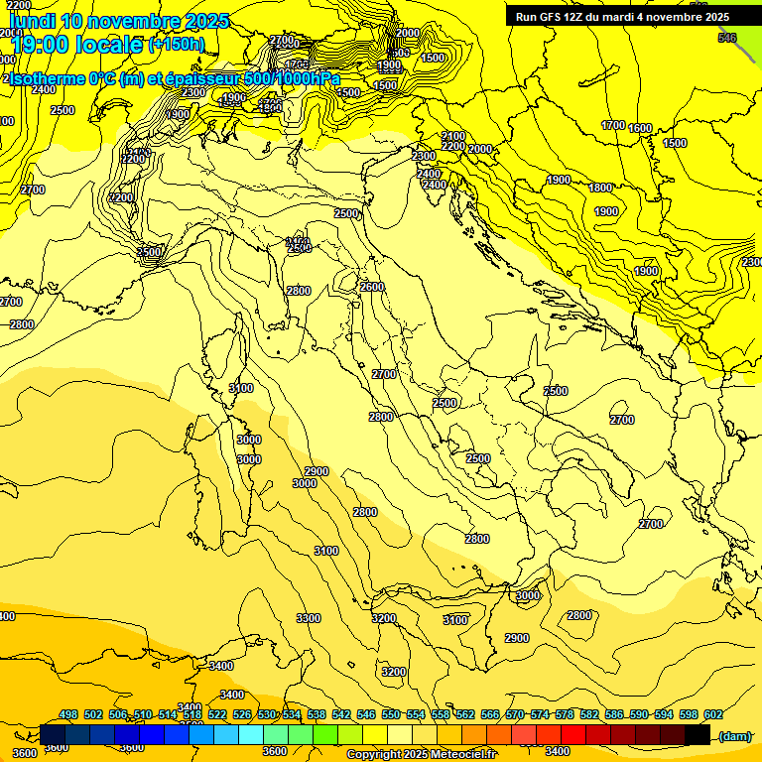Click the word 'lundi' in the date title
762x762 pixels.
[x=32, y=21]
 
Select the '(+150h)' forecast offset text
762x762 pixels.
[x=177, y=45]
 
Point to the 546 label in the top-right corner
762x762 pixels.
[x=727, y=38]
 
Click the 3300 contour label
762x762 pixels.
[x=309, y=618]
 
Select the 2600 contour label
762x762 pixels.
[x=371, y=287]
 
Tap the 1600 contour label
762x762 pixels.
[x=640, y=128]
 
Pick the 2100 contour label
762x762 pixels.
[x=453, y=136]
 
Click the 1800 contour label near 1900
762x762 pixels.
[x=600, y=188]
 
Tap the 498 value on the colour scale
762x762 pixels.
[x=68, y=714]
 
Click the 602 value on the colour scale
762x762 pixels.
[x=713, y=714]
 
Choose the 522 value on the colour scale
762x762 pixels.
[x=217, y=714]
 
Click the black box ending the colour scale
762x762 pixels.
[x=698, y=734]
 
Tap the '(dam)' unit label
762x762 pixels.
[x=735, y=735]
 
